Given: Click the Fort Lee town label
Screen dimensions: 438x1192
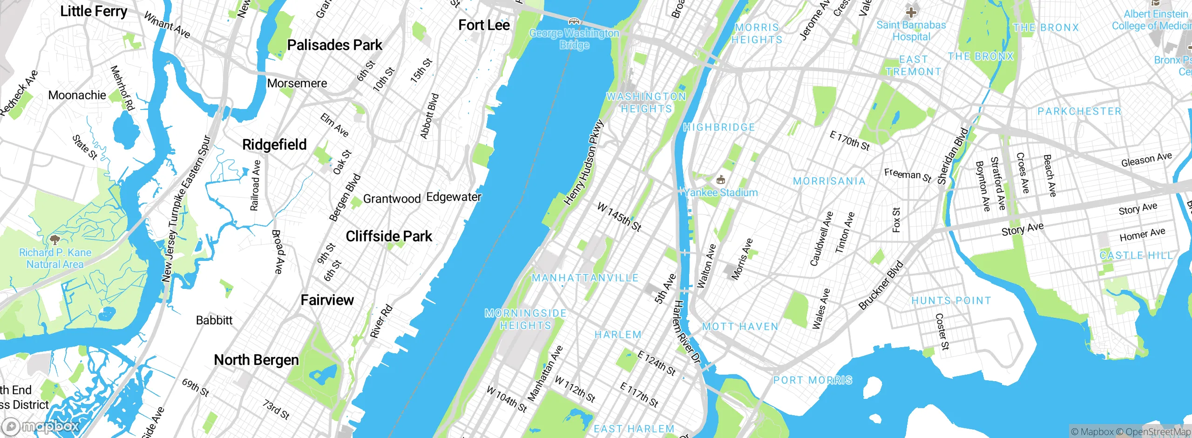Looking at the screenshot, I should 484,25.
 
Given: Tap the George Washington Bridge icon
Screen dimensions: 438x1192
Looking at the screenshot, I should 574,21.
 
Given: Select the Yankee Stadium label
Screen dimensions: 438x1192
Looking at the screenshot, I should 721,192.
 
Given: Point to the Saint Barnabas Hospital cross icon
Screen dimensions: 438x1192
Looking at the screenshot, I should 911,12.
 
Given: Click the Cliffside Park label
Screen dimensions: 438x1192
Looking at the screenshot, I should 389,236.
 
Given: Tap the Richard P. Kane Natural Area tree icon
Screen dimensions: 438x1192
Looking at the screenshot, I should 55,240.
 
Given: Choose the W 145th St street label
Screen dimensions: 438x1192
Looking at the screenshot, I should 619,217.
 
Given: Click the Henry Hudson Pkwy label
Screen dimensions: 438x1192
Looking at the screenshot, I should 583,163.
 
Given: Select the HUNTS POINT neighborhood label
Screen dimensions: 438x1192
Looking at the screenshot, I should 951,301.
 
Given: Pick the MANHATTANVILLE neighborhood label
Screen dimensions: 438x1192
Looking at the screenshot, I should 585,278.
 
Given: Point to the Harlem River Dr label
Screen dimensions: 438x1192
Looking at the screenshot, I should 687,332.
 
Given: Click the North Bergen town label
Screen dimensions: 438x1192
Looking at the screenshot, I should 256,360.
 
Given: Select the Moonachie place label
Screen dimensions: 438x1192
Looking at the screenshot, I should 77,96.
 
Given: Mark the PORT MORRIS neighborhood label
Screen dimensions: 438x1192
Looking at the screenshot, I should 813,380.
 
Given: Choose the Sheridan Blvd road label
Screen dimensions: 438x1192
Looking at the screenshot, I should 952,156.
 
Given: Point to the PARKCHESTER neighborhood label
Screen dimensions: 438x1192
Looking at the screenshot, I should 1079,111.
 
